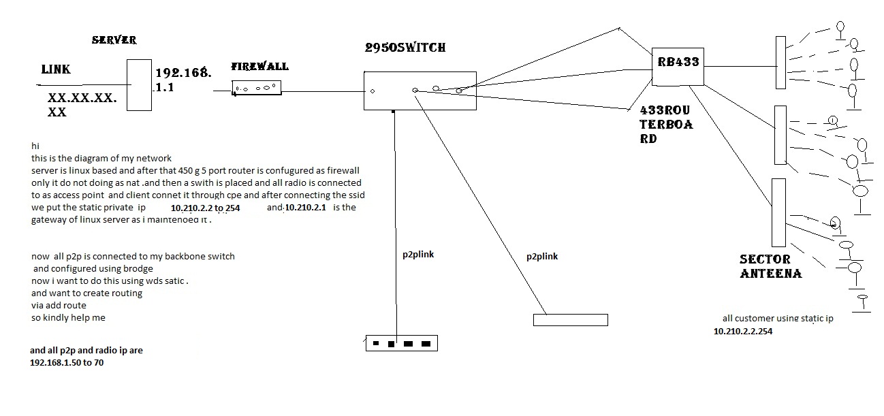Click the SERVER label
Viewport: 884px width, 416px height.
114,40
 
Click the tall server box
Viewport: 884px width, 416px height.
138,84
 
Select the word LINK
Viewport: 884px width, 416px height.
56,69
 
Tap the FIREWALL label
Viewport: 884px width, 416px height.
259,67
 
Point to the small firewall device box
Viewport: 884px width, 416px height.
256,88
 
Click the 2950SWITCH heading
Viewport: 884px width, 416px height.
405,48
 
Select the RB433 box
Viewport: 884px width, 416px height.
677,65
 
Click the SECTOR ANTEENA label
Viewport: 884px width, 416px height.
770,266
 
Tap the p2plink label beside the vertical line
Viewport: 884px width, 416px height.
418,255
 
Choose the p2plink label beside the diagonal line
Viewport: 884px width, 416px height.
542,257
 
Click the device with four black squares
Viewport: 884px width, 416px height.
402,343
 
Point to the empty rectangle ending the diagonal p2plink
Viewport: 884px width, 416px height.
570,319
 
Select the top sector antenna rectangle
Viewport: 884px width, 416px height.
780,63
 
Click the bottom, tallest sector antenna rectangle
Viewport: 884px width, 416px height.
778,212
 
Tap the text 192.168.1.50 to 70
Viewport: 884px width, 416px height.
67,363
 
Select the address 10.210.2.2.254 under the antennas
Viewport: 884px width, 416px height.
743,332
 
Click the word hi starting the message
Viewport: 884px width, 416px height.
35,146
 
